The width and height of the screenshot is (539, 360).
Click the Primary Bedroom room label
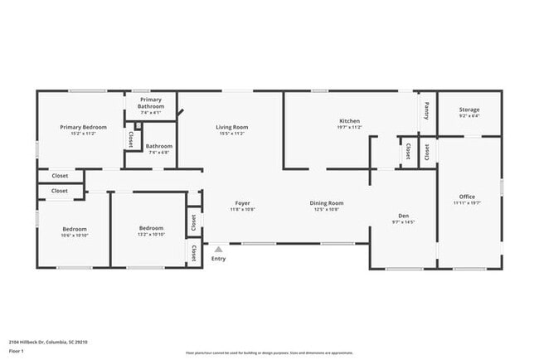click(83, 127)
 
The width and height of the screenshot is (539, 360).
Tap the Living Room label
click(232, 127)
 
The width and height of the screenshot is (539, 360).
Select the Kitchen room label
click(349, 121)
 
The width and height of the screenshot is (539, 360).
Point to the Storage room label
click(469, 109)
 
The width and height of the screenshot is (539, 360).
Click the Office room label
click(468, 197)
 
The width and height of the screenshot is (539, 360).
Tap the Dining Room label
click(327, 203)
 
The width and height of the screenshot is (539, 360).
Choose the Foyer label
click(243, 203)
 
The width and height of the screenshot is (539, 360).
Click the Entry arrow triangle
click(218, 248)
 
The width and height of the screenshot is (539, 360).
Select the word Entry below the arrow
click(218, 259)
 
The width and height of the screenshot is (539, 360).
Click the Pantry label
click(427, 110)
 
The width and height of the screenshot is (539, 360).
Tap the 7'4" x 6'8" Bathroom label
click(158, 147)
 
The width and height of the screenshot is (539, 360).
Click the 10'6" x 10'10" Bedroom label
click(75, 229)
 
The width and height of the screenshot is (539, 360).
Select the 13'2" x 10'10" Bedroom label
click(151, 229)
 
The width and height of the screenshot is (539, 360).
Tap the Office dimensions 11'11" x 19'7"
click(468, 202)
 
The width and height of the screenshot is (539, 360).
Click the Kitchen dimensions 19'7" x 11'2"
click(349, 127)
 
